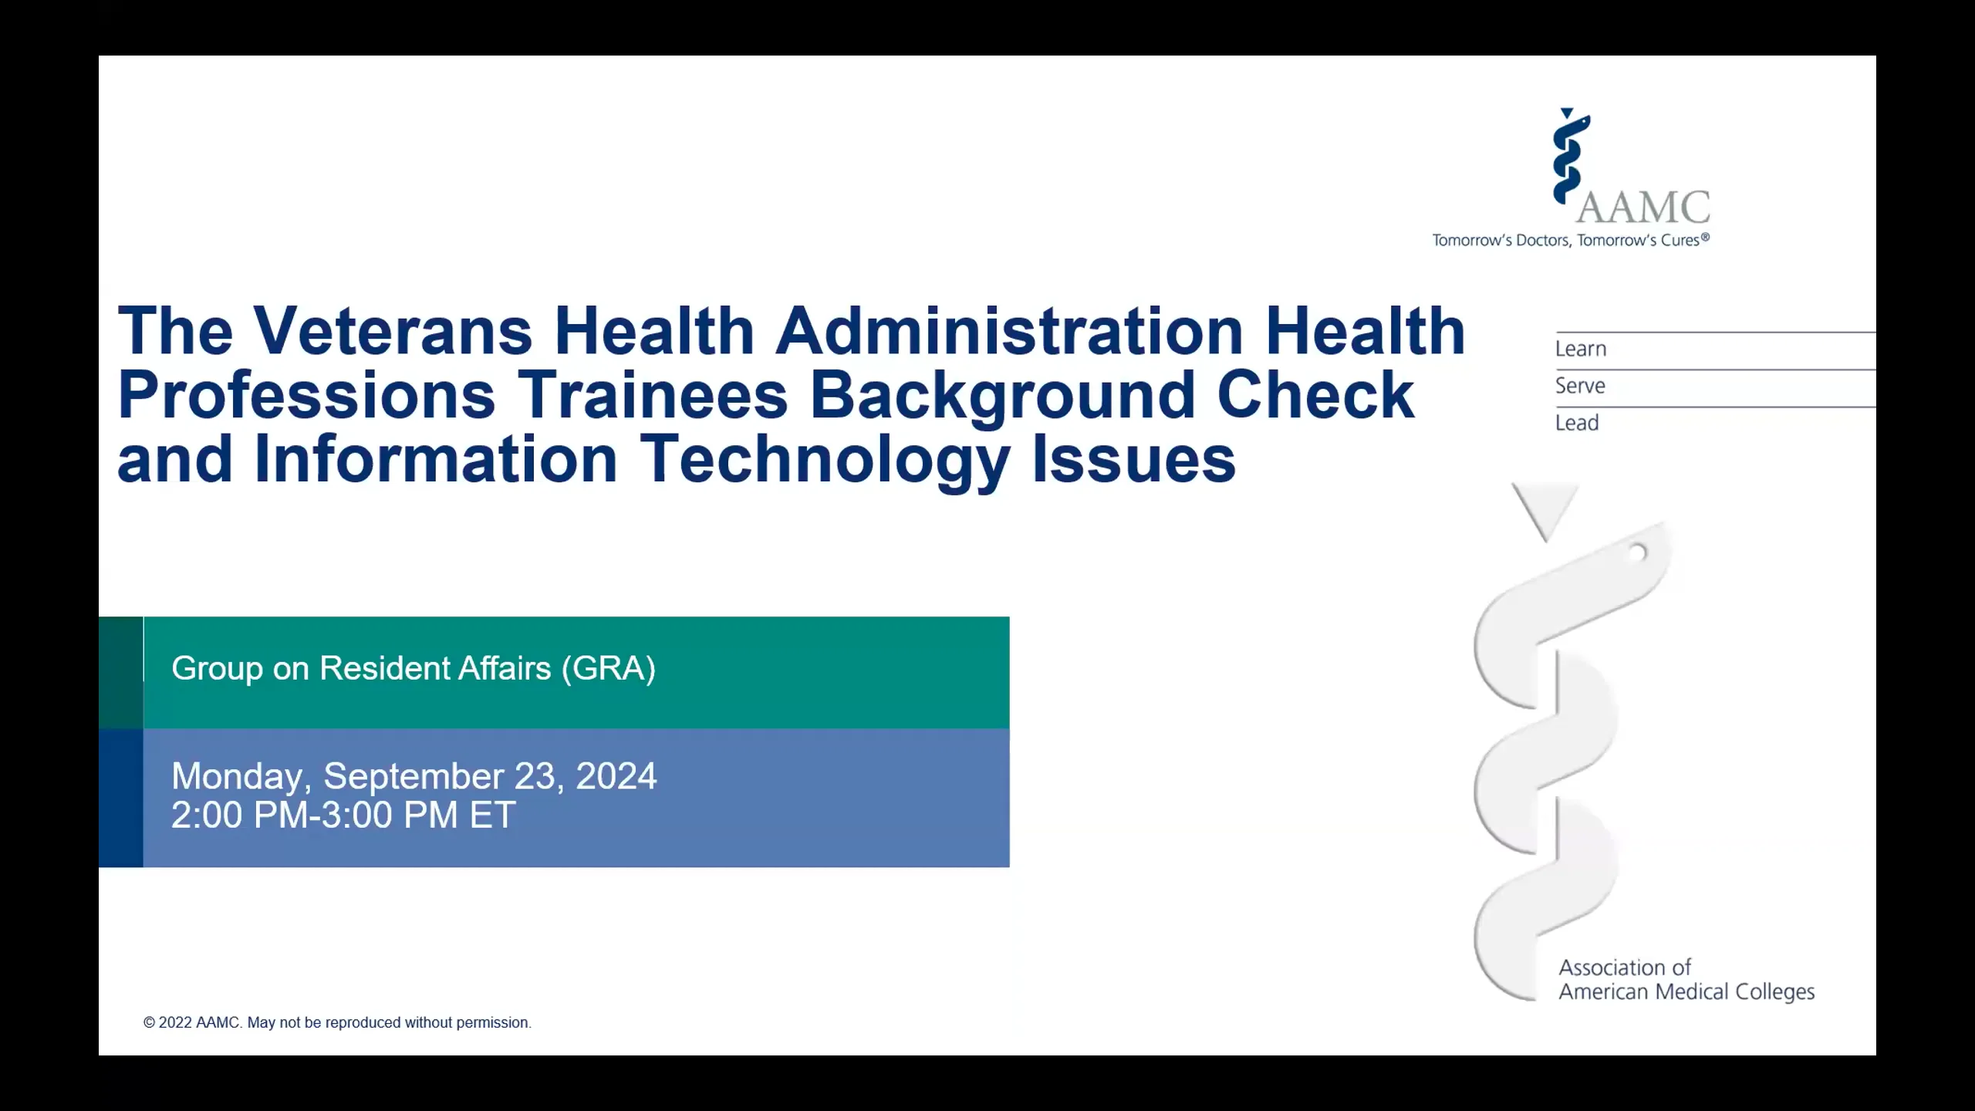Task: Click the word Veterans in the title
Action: point(392,332)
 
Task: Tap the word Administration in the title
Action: point(1009,332)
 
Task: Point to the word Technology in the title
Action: point(825,460)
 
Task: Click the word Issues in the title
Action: point(1133,460)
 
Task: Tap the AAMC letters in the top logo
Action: point(1643,208)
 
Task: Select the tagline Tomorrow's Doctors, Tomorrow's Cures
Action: point(1570,241)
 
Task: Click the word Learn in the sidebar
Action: point(1581,349)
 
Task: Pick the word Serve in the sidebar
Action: point(1580,386)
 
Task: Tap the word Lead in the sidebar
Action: point(1577,423)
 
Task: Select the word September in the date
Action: point(413,776)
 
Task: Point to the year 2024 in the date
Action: point(616,776)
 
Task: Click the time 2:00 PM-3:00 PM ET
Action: point(343,816)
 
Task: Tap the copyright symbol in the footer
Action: point(149,1023)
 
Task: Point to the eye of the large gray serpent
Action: point(1637,552)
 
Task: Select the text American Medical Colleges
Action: point(1686,992)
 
